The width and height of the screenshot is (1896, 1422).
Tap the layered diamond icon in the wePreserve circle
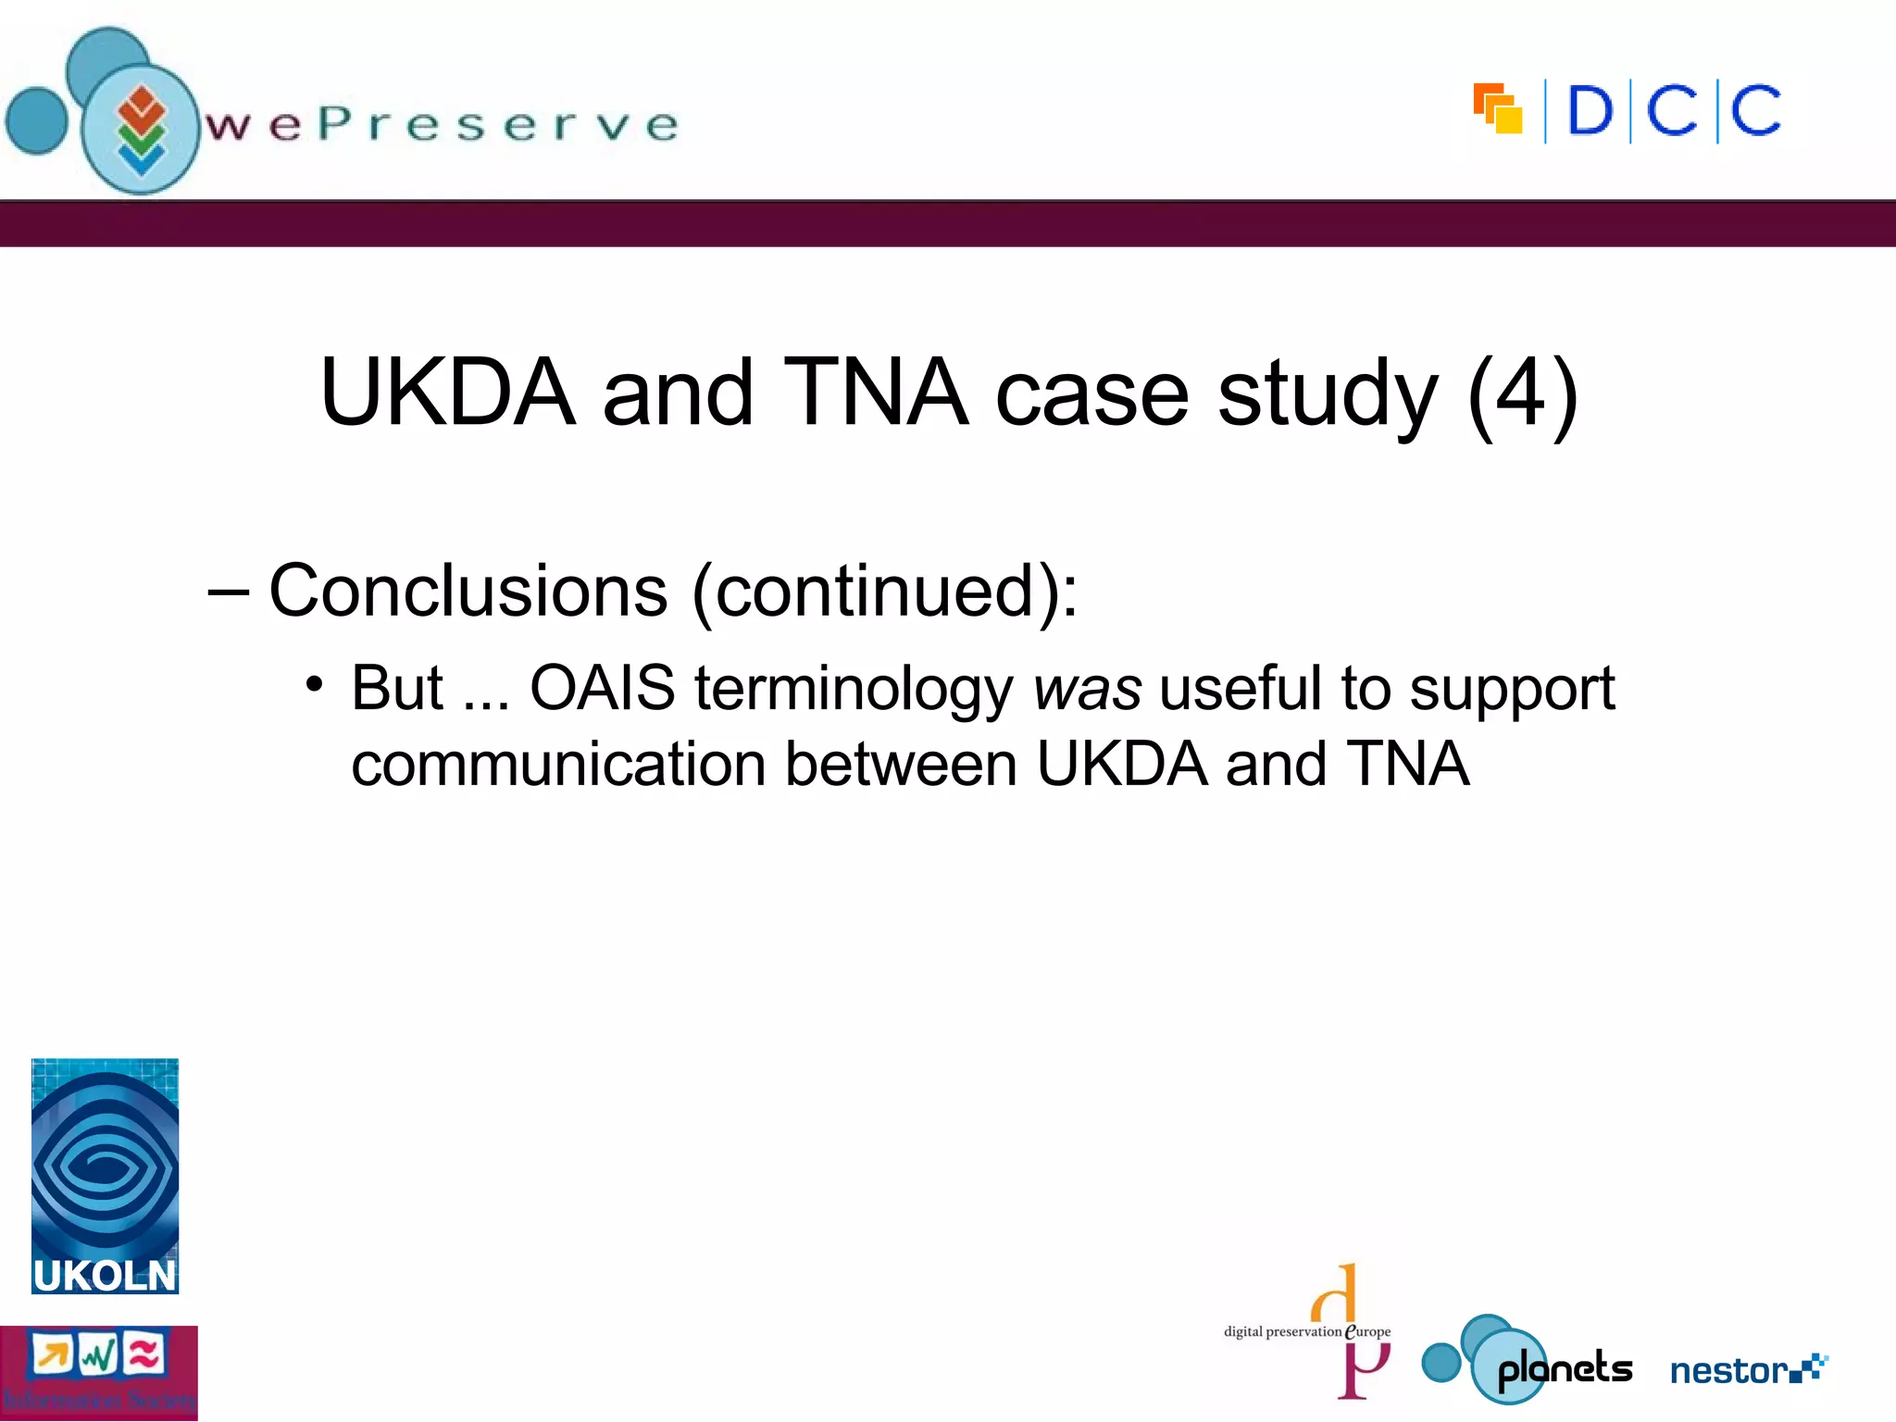click(141, 131)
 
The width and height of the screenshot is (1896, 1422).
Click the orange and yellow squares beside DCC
click(1497, 109)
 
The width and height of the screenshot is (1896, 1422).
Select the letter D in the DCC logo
click(1590, 111)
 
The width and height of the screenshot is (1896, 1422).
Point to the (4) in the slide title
click(1523, 393)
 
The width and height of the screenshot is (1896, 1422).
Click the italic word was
click(1087, 690)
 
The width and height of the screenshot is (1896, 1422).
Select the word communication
click(558, 765)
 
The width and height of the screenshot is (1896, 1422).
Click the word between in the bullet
click(901, 765)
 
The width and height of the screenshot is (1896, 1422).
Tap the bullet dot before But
click(315, 686)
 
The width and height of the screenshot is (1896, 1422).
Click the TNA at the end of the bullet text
click(1407, 765)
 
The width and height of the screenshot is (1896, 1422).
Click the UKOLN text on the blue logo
click(105, 1276)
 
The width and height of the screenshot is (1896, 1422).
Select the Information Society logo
click(98, 1373)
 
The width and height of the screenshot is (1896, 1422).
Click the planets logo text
click(1565, 1369)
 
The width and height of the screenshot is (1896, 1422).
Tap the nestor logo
click(1747, 1369)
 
